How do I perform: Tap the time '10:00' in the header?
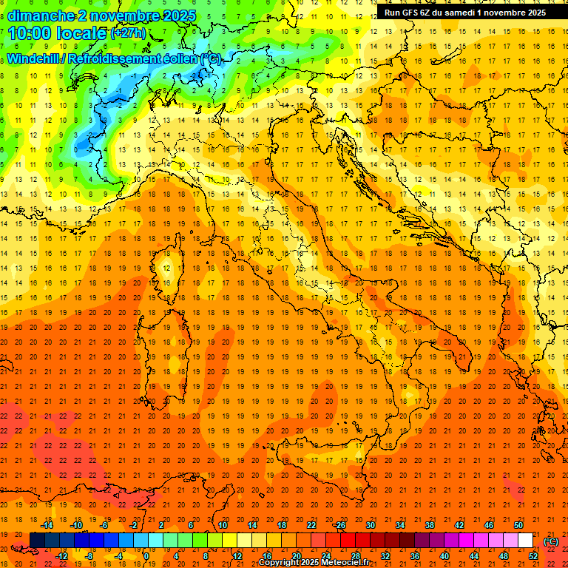point(31,33)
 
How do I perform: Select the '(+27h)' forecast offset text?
point(127,33)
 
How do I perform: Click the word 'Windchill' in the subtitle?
point(35,58)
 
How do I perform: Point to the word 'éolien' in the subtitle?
point(177,58)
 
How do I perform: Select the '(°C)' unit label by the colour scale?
point(551,541)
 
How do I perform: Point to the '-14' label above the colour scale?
point(47,525)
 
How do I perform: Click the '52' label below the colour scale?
point(533,555)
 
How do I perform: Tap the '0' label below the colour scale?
point(146,555)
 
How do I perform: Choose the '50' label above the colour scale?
point(518,525)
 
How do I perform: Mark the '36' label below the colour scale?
point(414,555)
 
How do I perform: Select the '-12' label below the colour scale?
point(61,555)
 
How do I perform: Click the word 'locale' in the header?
point(82,33)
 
